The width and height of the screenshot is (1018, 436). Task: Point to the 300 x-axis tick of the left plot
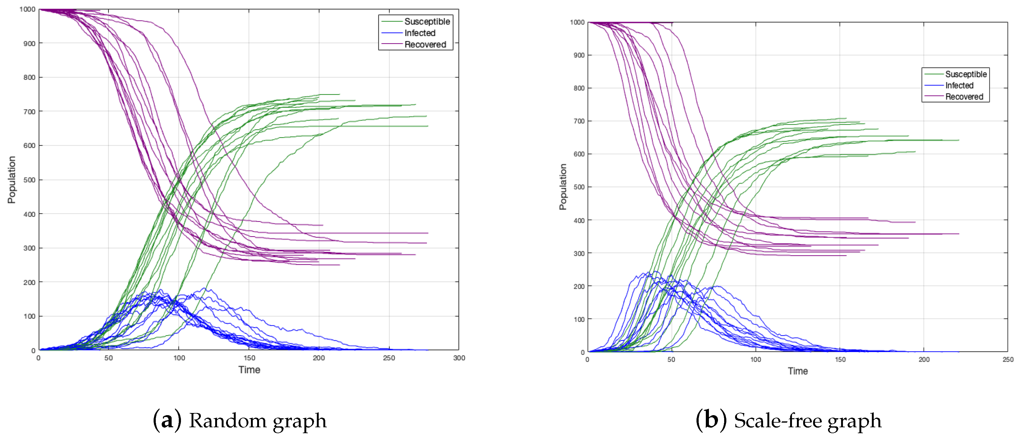point(459,358)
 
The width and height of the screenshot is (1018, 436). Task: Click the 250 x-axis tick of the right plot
point(1008,359)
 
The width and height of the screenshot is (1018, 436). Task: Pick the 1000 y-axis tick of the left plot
point(27,9)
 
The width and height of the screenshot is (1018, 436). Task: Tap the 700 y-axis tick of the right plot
point(579,121)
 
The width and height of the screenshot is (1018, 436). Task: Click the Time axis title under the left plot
point(249,369)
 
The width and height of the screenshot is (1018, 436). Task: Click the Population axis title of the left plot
point(12,180)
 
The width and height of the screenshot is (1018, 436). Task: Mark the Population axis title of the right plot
point(563,187)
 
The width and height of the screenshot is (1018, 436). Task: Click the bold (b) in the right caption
point(711,420)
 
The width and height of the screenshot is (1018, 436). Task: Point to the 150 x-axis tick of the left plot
point(249,358)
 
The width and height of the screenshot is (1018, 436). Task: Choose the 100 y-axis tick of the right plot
point(579,319)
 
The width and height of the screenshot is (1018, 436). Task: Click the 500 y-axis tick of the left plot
point(29,180)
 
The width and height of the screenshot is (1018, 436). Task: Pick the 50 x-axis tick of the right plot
point(671,359)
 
